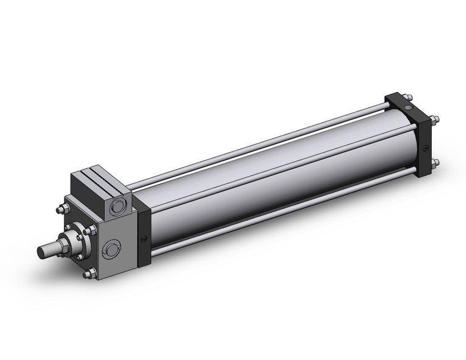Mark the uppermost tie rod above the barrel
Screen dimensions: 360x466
[258, 137]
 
